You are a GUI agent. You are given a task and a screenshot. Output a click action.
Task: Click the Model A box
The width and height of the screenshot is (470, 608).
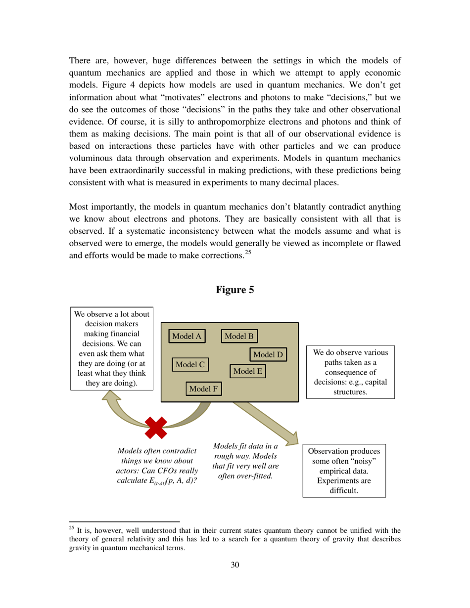pos(187,336)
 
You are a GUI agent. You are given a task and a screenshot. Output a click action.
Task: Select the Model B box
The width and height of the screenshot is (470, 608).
pos(239,336)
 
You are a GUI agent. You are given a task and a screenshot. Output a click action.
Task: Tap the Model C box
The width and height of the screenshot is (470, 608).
pos(190,364)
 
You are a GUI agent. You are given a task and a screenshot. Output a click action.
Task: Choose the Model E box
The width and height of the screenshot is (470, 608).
pos(248,371)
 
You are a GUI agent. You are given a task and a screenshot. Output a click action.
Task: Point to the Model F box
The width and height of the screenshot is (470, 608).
pos(203,389)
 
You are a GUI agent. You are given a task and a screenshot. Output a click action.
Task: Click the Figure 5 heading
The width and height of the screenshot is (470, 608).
pos(235,290)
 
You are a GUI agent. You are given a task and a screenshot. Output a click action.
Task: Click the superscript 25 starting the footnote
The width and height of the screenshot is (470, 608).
pos(72,527)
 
